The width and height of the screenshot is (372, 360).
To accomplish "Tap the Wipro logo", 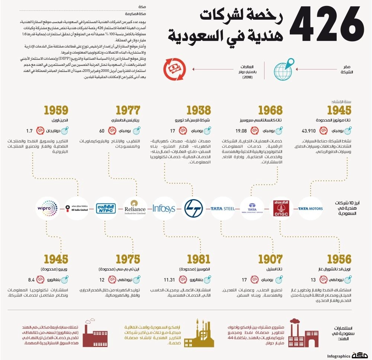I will click(x=48, y=208).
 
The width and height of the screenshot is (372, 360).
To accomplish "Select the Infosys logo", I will click(x=164, y=208).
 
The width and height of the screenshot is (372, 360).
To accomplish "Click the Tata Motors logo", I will click(x=310, y=208).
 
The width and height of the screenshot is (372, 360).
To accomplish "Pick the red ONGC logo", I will click(x=281, y=208).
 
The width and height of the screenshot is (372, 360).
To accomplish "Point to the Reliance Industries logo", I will click(x=135, y=208).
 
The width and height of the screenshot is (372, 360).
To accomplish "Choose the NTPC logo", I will click(x=106, y=208).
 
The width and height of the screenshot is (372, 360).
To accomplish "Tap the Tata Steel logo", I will click(x=222, y=208).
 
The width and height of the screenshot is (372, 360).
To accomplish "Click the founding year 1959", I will click(x=56, y=110).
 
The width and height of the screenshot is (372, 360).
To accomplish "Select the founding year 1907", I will click(x=270, y=259).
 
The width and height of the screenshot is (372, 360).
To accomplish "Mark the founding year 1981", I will click(x=198, y=259).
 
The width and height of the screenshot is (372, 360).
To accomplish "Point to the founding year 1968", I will click(x=270, y=110).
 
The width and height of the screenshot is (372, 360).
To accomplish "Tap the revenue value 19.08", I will click(x=241, y=131).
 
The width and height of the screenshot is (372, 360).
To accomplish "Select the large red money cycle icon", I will click(x=174, y=69).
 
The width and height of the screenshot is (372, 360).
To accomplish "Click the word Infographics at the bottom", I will click(x=339, y=356).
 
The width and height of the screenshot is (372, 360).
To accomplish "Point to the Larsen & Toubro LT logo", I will click(x=193, y=208).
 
